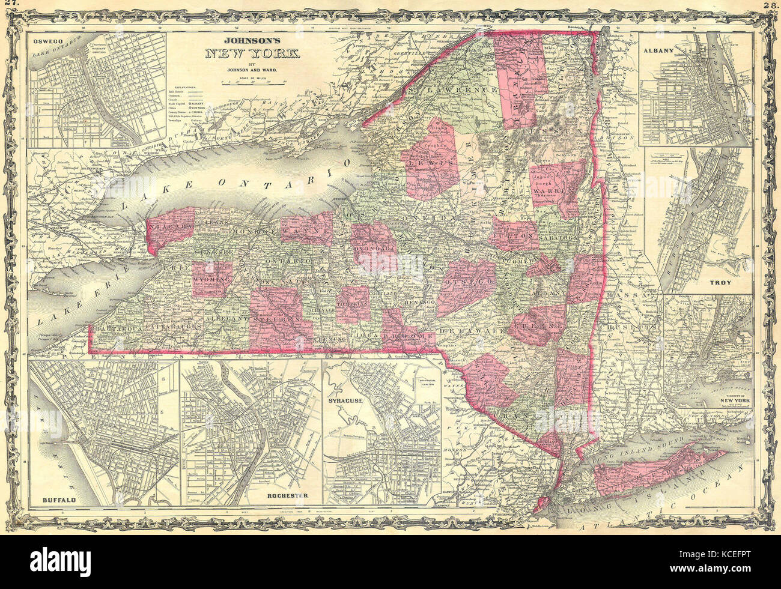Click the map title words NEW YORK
pyautogui.click(x=253, y=55)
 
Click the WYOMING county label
pyautogui.click(x=212, y=280)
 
